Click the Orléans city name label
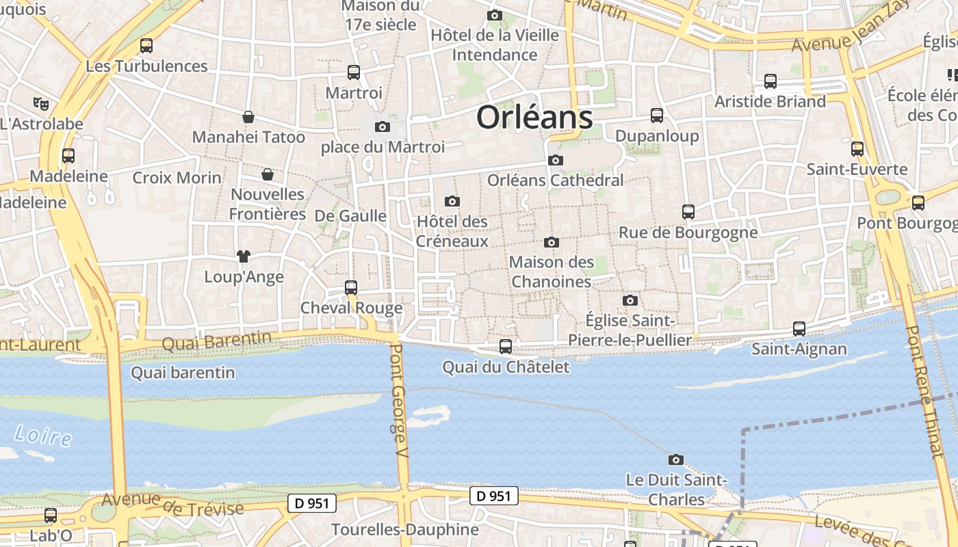coord(534,117)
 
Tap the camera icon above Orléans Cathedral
coord(556,160)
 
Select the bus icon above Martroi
coord(354,72)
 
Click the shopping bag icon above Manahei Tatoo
coord(248,117)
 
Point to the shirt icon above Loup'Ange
coord(244,256)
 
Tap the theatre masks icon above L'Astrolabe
coord(41,104)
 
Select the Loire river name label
coord(42,435)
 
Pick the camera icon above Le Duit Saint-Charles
coord(676,459)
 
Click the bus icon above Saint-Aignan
coord(799,329)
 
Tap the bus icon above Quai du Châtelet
coord(506,347)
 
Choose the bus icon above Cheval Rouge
coord(351,288)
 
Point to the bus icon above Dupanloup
coord(657,116)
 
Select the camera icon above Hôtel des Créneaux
coord(452,201)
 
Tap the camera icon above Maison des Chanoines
coord(552,242)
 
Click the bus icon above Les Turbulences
coord(146,46)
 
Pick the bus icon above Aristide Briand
coord(771,81)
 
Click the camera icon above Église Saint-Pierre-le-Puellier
coord(630,300)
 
